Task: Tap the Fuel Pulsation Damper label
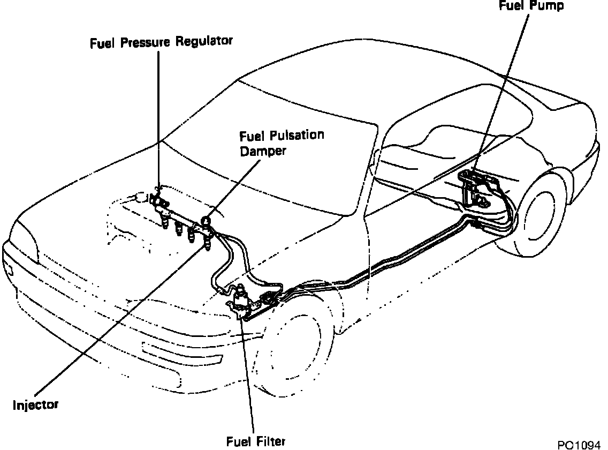[282, 142]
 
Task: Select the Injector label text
[35, 404]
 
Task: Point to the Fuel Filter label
[255, 441]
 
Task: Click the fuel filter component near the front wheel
[242, 300]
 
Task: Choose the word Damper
[263, 151]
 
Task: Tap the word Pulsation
[297, 134]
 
